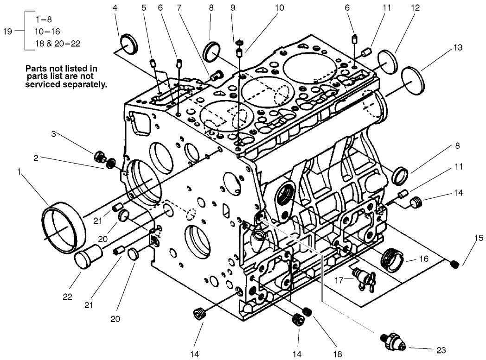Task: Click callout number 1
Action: coord(19,172)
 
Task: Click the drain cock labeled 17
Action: coord(363,278)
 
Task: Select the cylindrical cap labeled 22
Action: coord(89,258)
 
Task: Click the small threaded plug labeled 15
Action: coord(455,264)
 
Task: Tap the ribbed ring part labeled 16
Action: coord(390,257)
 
